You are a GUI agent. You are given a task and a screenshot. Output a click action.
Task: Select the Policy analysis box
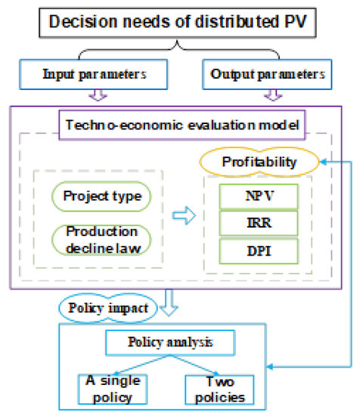(179, 342)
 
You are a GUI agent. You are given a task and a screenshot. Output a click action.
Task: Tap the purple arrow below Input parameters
(96, 96)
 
